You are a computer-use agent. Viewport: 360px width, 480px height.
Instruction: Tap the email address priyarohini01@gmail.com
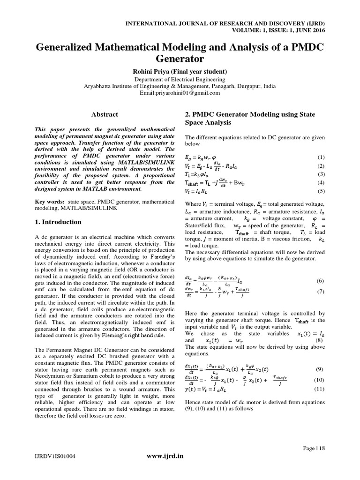click(x=180, y=93)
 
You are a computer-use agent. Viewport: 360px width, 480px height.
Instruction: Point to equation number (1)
click(x=321, y=157)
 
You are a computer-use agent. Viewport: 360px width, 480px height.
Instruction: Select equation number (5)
click(x=321, y=191)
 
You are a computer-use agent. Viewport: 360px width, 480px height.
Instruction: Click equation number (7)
click(x=321, y=291)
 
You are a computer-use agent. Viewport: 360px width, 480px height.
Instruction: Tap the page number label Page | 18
click(x=314, y=448)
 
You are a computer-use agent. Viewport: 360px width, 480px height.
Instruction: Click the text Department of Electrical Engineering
click(x=180, y=80)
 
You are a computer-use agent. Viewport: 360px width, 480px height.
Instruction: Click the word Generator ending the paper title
click(x=180, y=60)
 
